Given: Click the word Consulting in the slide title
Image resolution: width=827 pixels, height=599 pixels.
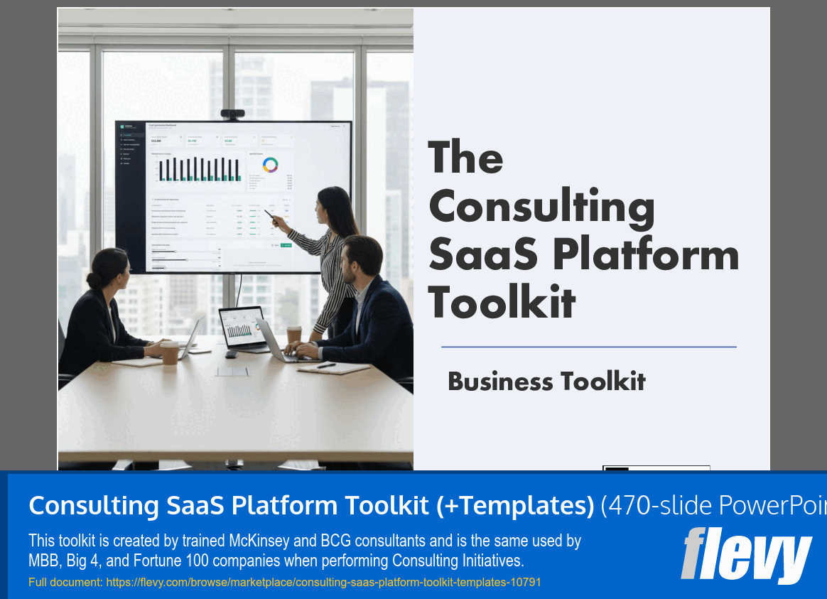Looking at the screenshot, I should pos(541,207).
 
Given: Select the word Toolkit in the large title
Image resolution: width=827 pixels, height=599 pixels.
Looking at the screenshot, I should pos(502,301).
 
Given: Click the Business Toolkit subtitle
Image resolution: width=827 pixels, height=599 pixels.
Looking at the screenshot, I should pos(546,382).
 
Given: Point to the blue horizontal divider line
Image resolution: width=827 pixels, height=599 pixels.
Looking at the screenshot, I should pos(588,347).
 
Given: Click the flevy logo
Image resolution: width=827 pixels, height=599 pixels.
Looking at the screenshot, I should pos(746,555).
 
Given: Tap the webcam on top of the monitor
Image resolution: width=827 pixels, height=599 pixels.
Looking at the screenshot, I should pos(232,114).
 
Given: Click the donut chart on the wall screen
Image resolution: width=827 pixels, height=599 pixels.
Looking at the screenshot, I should pos(271,165).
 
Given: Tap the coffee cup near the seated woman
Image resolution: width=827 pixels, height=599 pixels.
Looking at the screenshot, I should pos(171,352).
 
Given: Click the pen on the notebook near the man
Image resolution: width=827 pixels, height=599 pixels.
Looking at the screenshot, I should pos(326,365).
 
